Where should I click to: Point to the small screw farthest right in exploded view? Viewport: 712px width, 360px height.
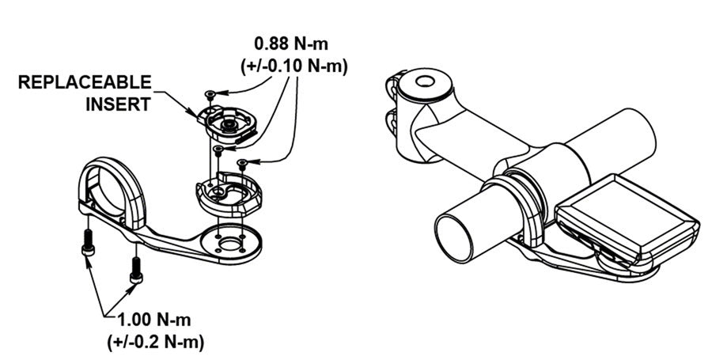tap(244, 164)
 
